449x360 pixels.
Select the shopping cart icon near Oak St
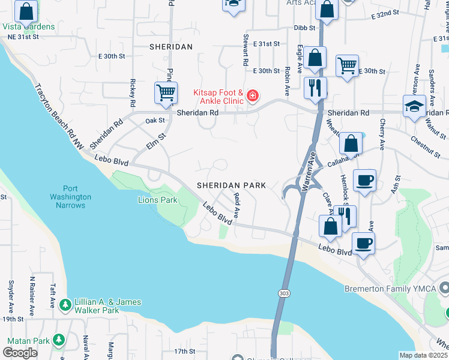tap(166, 93)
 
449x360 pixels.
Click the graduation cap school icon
tap(414, 106)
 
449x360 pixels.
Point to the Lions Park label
tap(158, 200)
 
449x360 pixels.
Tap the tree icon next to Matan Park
tap(58, 341)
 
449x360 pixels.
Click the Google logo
tap(20, 352)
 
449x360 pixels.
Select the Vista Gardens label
tap(28, 26)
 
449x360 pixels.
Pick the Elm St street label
tap(155, 140)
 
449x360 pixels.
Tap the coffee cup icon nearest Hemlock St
tap(364, 180)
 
